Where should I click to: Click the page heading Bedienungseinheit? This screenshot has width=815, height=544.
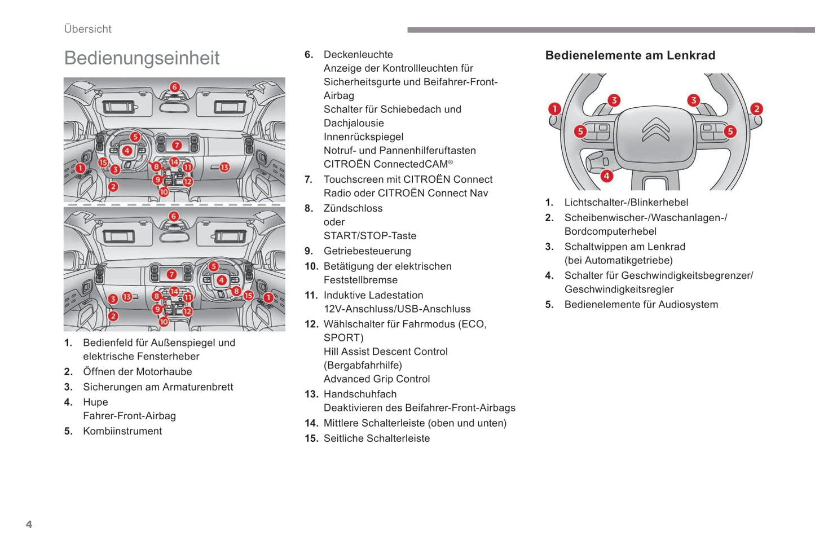[142, 58]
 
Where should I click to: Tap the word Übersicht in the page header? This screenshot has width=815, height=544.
[87, 29]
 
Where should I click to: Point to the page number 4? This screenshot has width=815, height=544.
[29, 524]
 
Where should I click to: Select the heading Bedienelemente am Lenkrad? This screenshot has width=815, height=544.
[630, 55]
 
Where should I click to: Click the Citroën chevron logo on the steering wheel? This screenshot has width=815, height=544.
[656, 129]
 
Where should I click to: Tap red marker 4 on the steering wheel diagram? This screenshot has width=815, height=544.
[606, 176]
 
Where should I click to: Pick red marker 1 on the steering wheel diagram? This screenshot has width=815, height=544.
[554, 108]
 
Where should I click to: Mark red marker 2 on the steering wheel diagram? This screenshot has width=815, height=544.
[756, 109]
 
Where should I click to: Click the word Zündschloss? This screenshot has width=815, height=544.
[353, 208]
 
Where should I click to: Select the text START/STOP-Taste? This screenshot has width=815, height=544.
[369, 236]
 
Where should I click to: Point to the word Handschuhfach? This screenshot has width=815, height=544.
[360, 394]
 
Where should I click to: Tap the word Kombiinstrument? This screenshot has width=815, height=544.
[122, 431]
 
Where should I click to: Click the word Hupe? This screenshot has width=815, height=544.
[95, 402]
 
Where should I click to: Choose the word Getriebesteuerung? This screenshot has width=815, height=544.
[367, 251]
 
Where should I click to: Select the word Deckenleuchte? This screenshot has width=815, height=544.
[358, 55]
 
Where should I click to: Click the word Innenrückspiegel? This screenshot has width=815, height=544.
[363, 137]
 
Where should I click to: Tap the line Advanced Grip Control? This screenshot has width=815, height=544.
[376, 379]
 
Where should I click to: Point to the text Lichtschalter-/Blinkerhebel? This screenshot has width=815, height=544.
[626, 203]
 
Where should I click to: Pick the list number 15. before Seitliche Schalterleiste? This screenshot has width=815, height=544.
[311, 438]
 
